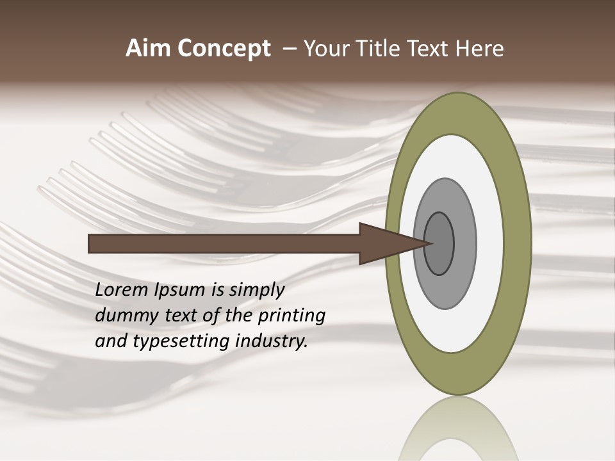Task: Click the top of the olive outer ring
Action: tap(457, 113)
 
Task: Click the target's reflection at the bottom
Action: tap(457, 429)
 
